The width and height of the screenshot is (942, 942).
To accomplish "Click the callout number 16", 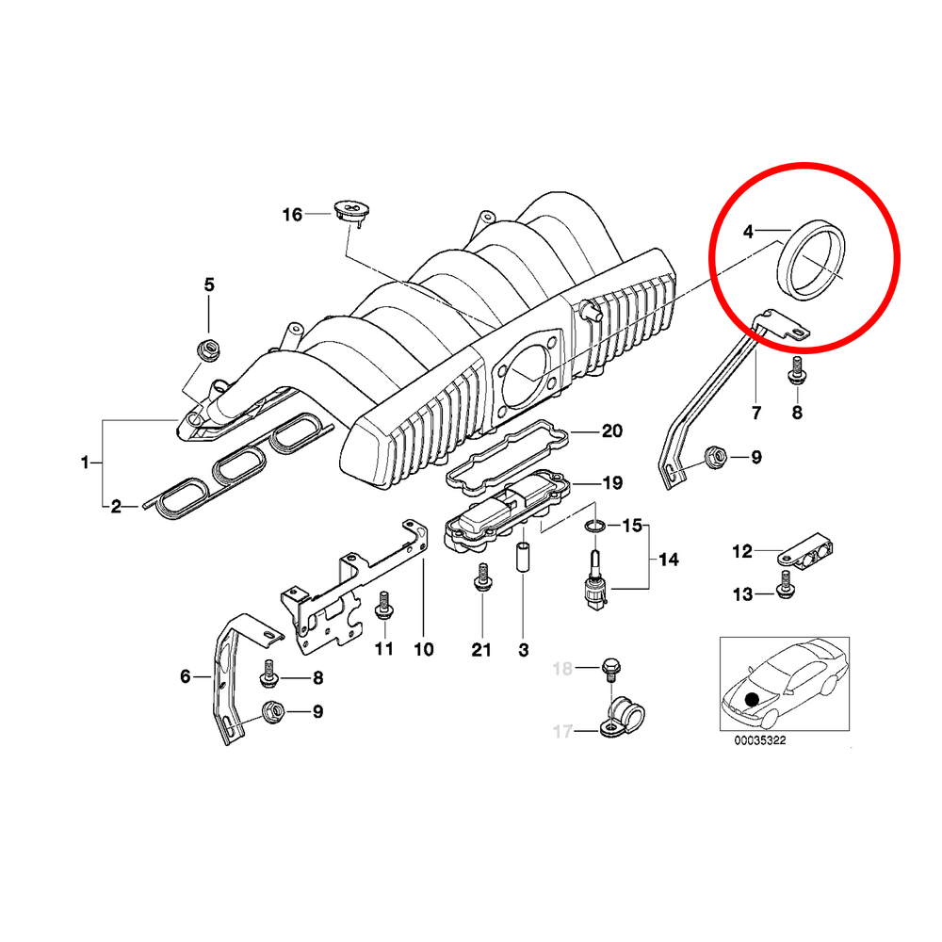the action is coord(292,215).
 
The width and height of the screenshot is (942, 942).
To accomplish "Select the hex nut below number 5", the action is coord(208,350).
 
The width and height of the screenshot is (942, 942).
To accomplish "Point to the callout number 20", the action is coord(612,430).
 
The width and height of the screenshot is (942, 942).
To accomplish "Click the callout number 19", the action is coord(612,482).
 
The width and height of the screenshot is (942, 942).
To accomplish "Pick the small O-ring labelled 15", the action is coord(594,527).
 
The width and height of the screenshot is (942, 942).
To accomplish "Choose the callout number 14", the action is coord(669,560).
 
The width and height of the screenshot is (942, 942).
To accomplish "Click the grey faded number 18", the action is coord(562,668).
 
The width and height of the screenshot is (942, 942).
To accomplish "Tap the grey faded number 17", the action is coord(562,731).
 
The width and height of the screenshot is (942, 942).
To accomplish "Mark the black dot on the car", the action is coord(752,699).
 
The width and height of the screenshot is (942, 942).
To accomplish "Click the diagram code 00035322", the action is coord(759,740).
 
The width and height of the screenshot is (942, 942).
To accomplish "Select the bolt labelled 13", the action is coord(785,585).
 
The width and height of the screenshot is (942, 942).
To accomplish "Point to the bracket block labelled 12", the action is coord(806,551).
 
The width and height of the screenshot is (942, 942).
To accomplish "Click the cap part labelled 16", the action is coord(351,212).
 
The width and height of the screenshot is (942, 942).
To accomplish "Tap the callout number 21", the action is coord(481,649).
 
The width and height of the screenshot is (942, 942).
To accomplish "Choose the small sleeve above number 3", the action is coord(523,557).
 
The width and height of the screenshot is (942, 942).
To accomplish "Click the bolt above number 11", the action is coord(383,605).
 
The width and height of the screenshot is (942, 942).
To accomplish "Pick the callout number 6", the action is coord(186,676).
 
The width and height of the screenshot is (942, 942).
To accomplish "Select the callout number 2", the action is coord(116,507).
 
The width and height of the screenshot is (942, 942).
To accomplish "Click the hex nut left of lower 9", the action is coord(273,712).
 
